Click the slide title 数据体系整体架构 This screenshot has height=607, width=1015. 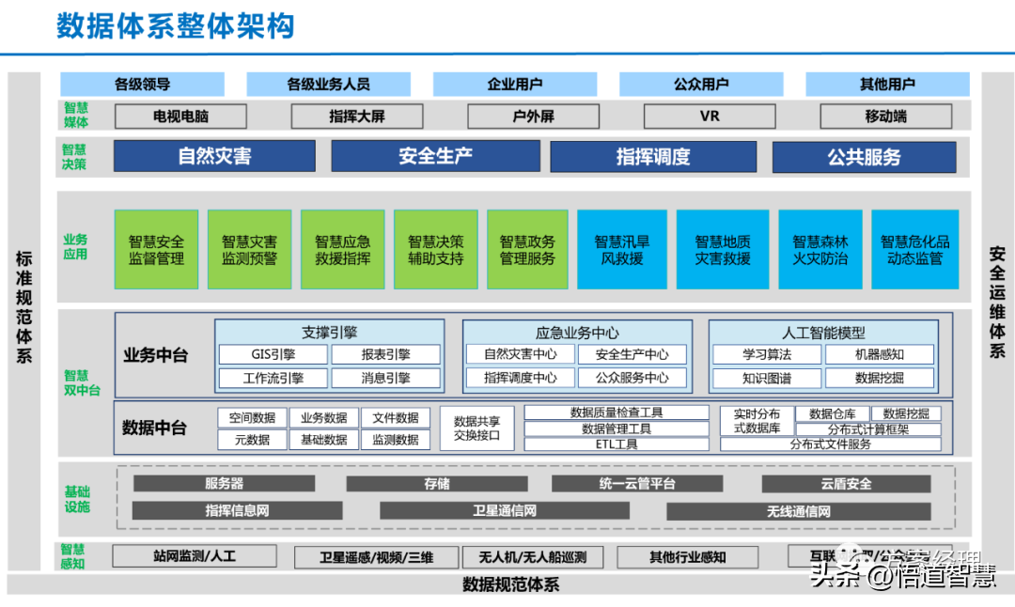175,25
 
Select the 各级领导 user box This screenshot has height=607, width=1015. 142,85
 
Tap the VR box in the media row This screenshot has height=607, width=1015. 710,117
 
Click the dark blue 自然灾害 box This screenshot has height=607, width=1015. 214,156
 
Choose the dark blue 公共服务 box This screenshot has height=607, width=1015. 864,156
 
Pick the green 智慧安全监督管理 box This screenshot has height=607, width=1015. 156,250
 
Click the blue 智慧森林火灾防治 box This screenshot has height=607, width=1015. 820,250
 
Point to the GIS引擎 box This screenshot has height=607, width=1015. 273,354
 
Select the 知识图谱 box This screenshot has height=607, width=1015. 766,378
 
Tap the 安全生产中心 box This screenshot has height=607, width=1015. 632,354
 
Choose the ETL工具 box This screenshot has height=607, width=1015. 617,444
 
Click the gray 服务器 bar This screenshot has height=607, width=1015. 224,484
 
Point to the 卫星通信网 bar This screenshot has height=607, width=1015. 504,511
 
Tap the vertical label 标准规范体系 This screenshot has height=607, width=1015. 23,306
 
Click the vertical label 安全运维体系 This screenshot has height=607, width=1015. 996,302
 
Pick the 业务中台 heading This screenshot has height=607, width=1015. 155,355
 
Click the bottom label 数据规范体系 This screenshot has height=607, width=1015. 510,585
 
